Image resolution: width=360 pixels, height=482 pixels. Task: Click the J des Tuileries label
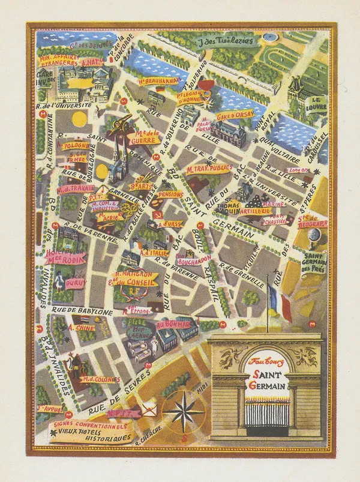[226, 42]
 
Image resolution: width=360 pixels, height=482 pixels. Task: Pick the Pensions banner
[171, 194]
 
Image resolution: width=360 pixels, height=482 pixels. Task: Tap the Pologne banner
[76, 145]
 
